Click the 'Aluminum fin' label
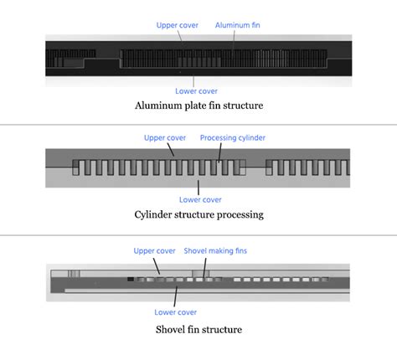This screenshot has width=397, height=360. coord(237,25)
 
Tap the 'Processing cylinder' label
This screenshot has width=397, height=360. coord(233,138)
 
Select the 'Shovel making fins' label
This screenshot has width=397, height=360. coord(215,251)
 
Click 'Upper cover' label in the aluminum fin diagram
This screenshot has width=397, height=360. coord(178,25)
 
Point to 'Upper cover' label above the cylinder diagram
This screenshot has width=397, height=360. coord(165,138)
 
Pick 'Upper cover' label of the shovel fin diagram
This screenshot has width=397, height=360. coord(154,251)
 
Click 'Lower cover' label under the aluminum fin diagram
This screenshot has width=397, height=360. coord(196,91)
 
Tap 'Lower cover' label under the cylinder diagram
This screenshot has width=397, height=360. coord(200,200)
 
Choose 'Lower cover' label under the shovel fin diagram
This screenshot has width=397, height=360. coord(175,312)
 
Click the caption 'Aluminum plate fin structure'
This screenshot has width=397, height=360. coord(198,105)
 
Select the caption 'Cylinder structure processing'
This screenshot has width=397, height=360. coord(198,214)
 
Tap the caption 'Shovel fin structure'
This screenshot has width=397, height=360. coord(198,330)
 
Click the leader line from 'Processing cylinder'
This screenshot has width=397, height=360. coord(220,153)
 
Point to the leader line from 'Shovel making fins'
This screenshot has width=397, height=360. coord(205,268)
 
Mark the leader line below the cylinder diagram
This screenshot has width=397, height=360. coord(198,188)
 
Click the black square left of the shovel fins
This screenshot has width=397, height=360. coord(131,279)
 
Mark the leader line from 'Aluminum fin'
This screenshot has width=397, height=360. coord(234,40)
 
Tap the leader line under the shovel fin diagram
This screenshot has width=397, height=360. coord(175,296)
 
